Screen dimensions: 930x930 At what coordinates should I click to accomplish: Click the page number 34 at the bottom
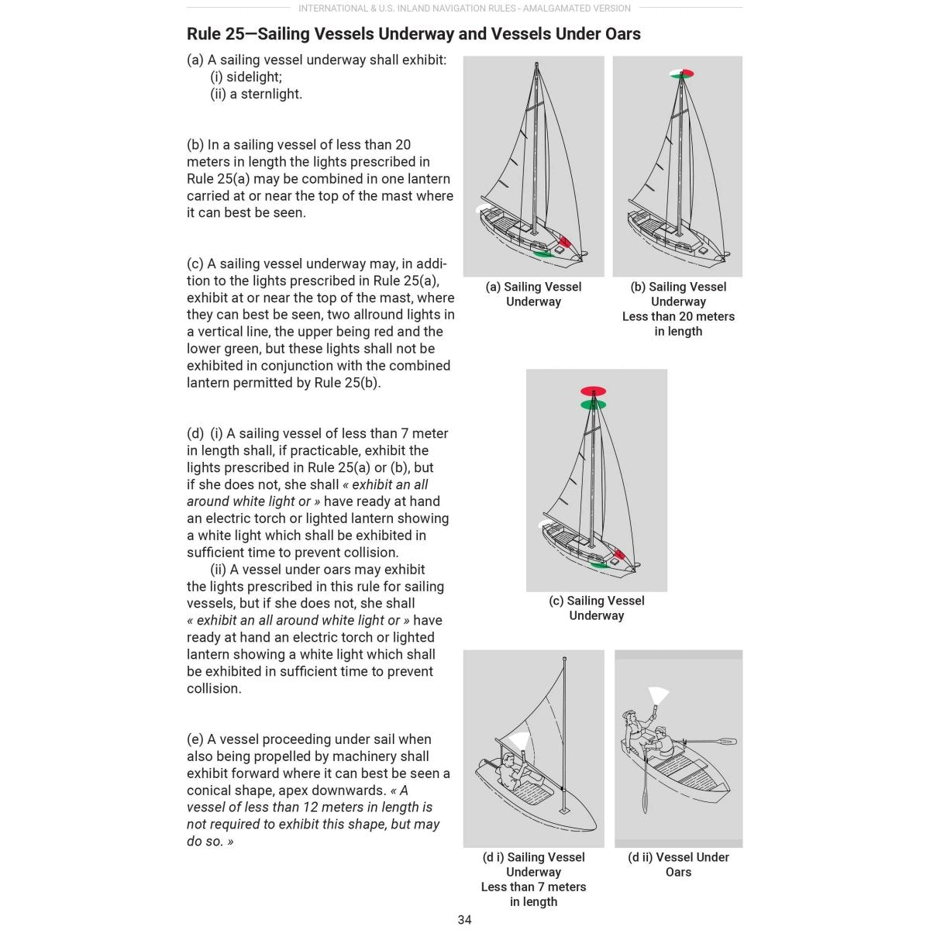464,920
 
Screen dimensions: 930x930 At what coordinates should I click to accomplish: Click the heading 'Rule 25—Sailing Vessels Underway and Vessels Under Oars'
413,34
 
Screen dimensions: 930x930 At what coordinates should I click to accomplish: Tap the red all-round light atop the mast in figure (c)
593,391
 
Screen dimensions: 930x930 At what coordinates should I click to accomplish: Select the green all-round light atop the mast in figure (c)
593,405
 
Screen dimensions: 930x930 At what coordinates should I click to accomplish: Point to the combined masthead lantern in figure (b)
681,74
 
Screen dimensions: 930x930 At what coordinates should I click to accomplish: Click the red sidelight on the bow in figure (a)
564,242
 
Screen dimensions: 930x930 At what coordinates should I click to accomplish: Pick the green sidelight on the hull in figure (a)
542,253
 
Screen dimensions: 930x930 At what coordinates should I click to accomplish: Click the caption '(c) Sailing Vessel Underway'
596,608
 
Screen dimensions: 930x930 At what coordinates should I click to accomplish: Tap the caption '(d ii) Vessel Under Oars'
678,864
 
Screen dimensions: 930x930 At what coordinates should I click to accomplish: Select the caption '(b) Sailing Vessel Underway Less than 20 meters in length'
678,308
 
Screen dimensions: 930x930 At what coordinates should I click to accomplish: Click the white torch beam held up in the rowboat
659,694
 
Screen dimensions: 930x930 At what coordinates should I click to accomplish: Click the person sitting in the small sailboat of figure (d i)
512,770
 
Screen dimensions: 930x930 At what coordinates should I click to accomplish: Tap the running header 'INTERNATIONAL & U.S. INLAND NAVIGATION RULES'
464,9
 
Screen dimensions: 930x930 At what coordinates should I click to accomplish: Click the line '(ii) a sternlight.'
256,94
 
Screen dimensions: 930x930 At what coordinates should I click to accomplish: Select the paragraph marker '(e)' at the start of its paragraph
195,739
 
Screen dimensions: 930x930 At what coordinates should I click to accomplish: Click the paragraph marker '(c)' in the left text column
195,263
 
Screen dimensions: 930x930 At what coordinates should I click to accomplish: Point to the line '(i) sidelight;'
246,77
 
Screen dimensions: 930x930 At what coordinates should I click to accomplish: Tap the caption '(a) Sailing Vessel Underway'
533,294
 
